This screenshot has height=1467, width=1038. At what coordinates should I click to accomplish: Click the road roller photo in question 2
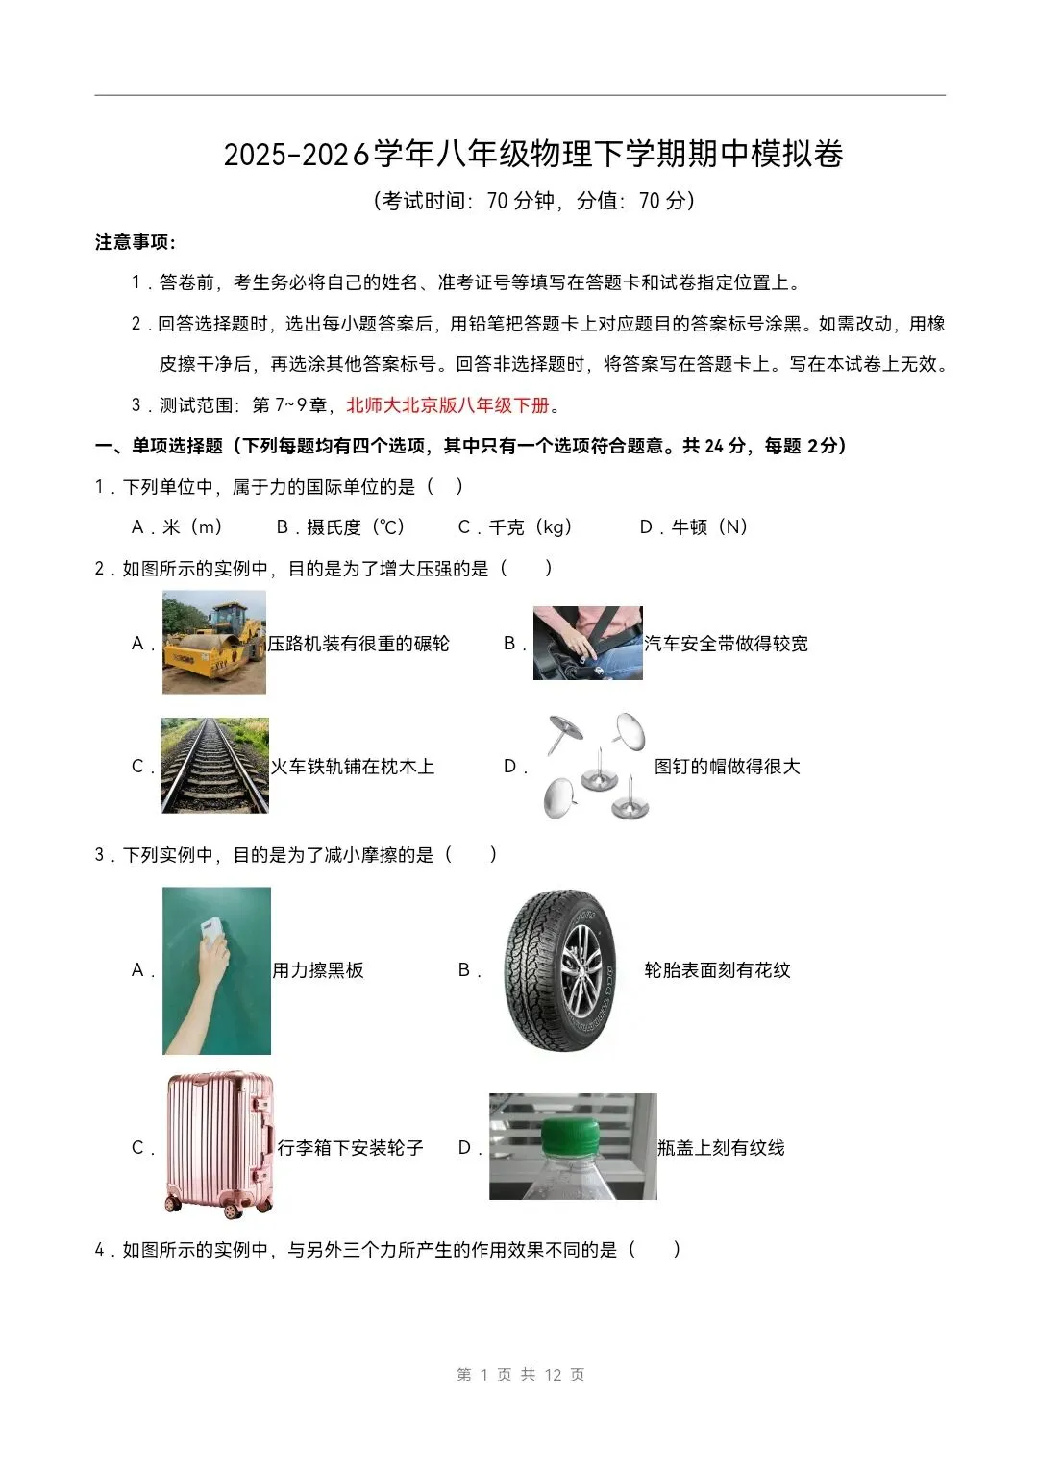(213, 642)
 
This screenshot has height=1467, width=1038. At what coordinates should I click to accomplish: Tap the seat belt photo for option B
(587, 643)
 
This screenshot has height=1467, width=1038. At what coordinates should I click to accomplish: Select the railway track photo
(214, 766)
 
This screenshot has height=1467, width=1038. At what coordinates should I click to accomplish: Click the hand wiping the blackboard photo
(216, 970)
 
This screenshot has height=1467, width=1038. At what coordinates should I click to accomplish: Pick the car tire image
(560, 970)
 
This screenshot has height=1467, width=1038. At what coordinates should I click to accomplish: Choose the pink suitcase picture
(219, 1145)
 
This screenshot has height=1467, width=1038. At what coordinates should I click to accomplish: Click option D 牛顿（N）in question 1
(694, 527)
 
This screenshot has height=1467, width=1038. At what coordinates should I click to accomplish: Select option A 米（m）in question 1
(178, 527)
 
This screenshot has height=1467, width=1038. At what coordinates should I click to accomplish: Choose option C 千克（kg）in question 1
(515, 527)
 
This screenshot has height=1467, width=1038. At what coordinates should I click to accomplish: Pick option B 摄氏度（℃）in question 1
(341, 527)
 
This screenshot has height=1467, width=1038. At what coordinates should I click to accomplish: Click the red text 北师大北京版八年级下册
(448, 405)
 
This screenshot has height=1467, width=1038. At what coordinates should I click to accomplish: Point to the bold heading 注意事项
(135, 242)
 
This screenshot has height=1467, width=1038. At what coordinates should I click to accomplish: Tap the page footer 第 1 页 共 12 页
(520, 1375)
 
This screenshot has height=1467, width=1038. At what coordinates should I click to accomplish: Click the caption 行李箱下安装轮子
(350, 1148)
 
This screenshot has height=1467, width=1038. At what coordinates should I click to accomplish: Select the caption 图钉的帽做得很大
(727, 767)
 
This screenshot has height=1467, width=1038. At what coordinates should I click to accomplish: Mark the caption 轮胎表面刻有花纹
(717, 970)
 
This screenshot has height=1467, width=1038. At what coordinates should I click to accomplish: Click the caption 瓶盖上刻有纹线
(721, 1148)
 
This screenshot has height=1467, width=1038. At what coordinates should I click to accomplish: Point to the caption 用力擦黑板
(318, 970)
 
